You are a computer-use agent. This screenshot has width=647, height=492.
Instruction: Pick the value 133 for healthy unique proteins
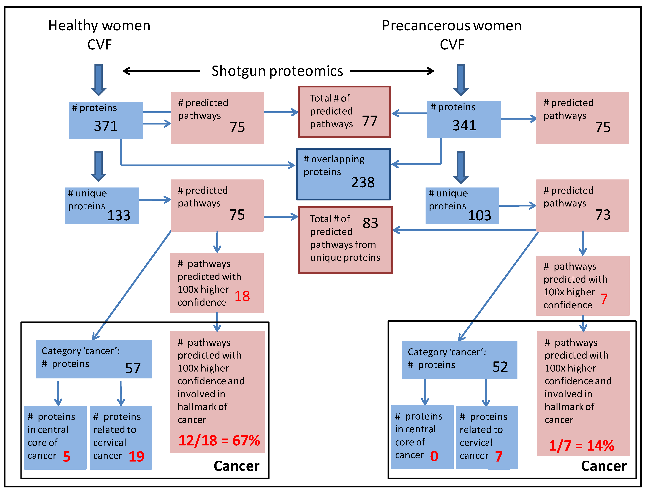119,216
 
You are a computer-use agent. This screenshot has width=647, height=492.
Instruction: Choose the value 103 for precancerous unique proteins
479,216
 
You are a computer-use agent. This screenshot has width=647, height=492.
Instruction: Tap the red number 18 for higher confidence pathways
242,296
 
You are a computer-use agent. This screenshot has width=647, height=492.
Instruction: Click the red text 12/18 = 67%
219,441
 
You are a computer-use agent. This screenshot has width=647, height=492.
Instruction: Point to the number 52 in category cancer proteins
500,367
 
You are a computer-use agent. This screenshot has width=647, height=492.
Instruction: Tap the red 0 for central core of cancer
434,456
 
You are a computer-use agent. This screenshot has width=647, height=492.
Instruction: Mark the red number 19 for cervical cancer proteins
136,456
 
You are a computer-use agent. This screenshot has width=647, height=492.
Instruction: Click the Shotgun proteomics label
277,71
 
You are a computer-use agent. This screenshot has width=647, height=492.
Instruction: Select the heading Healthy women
99,26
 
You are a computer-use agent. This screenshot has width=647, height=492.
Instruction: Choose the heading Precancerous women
451,26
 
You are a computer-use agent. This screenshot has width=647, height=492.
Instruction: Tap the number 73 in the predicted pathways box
603,215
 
